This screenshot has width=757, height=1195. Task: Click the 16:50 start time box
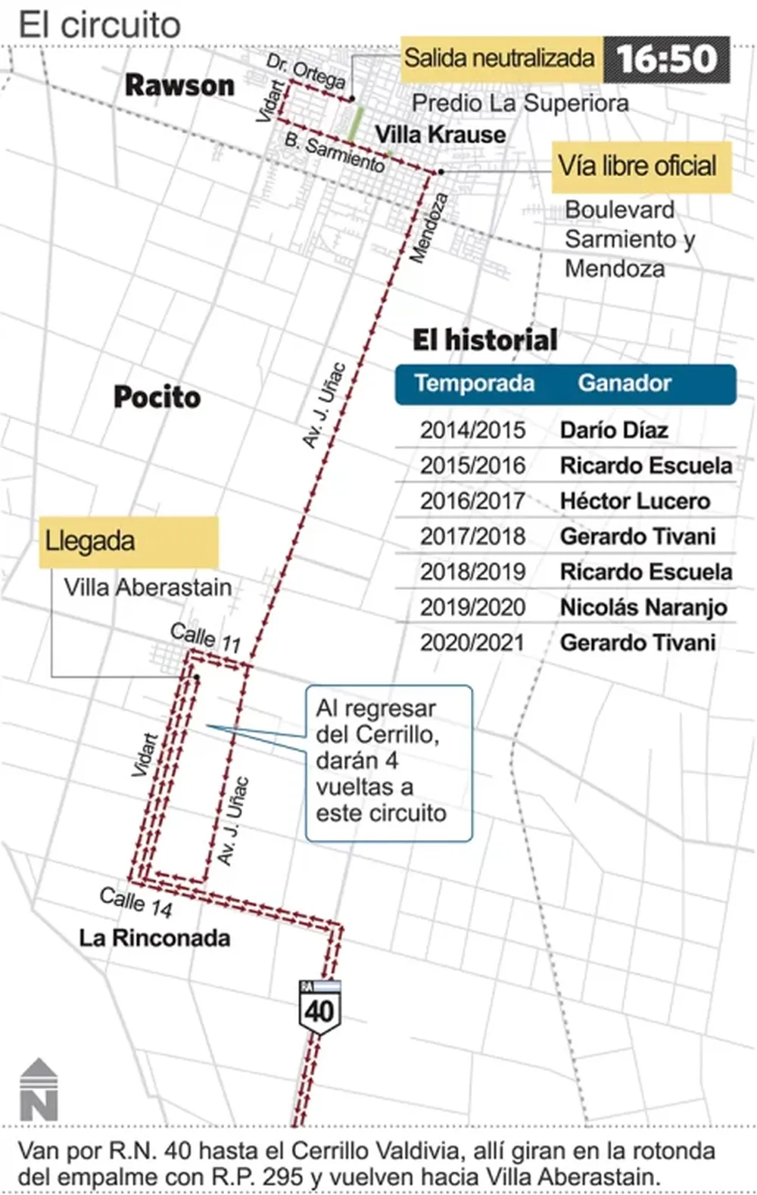pos(666,59)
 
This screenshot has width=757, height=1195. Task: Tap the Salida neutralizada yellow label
pos(500,58)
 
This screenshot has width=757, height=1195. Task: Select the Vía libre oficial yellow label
pos(637,166)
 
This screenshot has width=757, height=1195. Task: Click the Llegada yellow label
pos(129,542)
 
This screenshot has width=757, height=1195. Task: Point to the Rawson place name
pos(179,86)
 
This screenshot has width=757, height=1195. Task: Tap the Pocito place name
pos(157,397)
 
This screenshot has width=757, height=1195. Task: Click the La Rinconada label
pos(154,938)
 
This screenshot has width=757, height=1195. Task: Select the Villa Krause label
pos(441,135)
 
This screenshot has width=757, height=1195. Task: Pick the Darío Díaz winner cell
pos(614,431)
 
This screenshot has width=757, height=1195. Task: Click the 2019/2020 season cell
pos(472,607)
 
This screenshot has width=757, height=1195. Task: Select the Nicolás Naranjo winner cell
pos(643,607)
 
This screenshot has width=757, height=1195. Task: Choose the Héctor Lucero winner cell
pos(634,501)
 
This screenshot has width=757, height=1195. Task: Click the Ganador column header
pos(625,383)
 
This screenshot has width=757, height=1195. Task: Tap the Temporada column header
pos(474,383)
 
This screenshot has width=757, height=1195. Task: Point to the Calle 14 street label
pos(136,901)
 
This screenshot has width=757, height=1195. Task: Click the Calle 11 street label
pos(205,637)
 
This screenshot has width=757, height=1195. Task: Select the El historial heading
pos(484,340)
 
